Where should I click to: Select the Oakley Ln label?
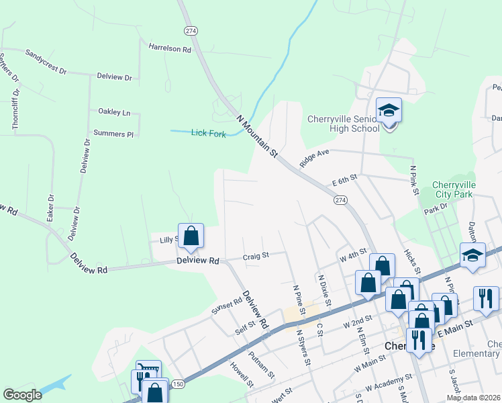coord(114,112)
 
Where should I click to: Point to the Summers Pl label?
coord(113,134)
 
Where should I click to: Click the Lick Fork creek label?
coord(208,133)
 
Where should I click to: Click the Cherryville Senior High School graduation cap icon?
coord(389,110)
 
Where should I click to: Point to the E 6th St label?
coord(345,181)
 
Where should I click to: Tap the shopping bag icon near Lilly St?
coord(191,236)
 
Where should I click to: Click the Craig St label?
coord(256,255)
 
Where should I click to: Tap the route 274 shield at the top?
coord(190,30)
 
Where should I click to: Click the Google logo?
coord(23,394)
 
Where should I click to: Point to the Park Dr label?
coord(435,210)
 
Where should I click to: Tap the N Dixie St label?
coord(325,289)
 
